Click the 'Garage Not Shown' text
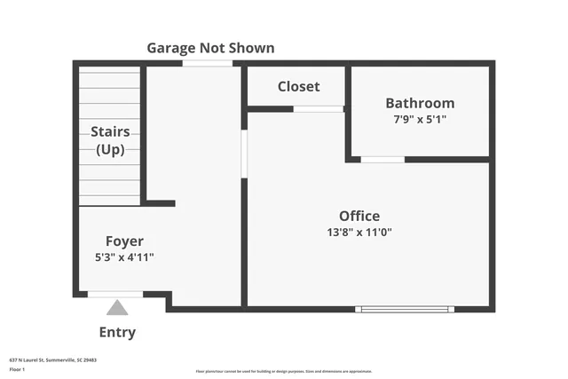[x=210, y=48]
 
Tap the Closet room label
[x=298, y=86]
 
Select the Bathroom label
[x=420, y=103]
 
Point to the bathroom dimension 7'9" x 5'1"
[x=420, y=119]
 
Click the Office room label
[x=359, y=216]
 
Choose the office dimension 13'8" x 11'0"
[x=359, y=233]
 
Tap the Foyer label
[x=124, y=241]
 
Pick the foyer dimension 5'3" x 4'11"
[x=124, y=257]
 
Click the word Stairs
[x=110, y=131]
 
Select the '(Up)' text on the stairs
[x=110, y=149]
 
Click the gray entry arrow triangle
[x=117, y=308]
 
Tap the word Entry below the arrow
[x=117, y=333]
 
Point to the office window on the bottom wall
[x=405, y=309]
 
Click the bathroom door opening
[x=383, y=160]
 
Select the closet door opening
[x=318, y=109]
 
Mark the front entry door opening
[x=115, y=294]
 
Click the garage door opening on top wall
[x=207, y=64]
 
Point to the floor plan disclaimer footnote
[x=284, y=371]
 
